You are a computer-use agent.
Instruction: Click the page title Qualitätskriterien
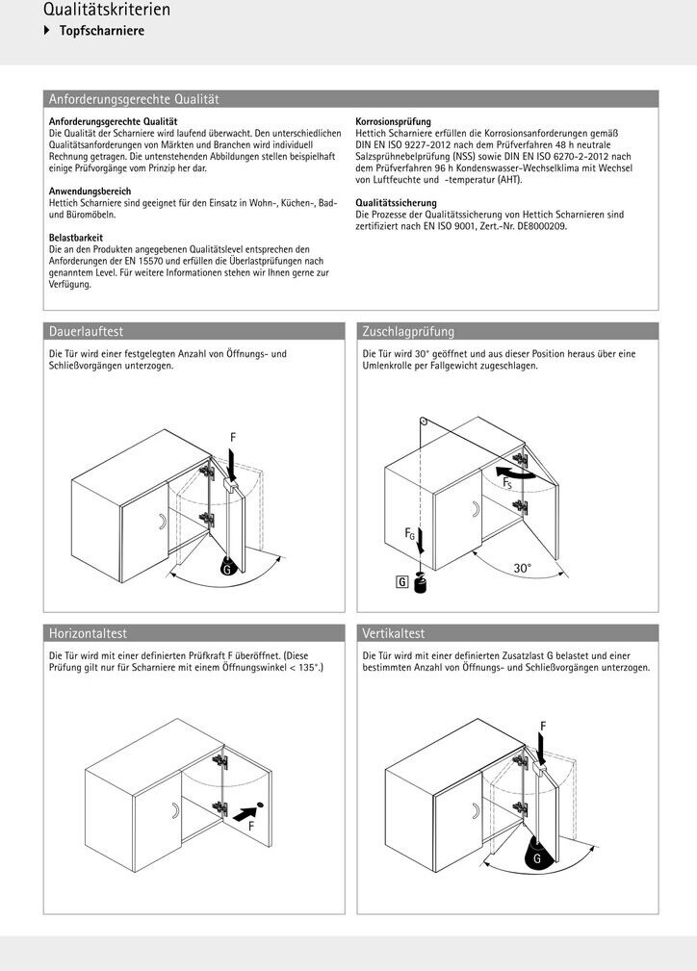coord(107,11)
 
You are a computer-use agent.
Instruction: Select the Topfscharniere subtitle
coord(101,32)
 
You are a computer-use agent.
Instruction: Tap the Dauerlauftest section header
coord(86,332)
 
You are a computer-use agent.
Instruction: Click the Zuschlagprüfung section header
coord(408,332)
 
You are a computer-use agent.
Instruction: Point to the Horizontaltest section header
coord(88,634)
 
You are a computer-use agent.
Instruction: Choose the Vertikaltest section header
coord(394,634)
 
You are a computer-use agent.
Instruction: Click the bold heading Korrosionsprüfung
coord(393,122)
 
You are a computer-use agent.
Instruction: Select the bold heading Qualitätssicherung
coord(396,203)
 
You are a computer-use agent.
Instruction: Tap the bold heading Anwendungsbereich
coord(90,192)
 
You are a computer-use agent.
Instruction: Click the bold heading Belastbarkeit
coord(76,238)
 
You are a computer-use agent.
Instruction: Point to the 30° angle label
coord(522,569)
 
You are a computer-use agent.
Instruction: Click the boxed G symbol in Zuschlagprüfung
coord(401,580)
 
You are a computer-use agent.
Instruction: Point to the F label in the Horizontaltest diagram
coord(251,826)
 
